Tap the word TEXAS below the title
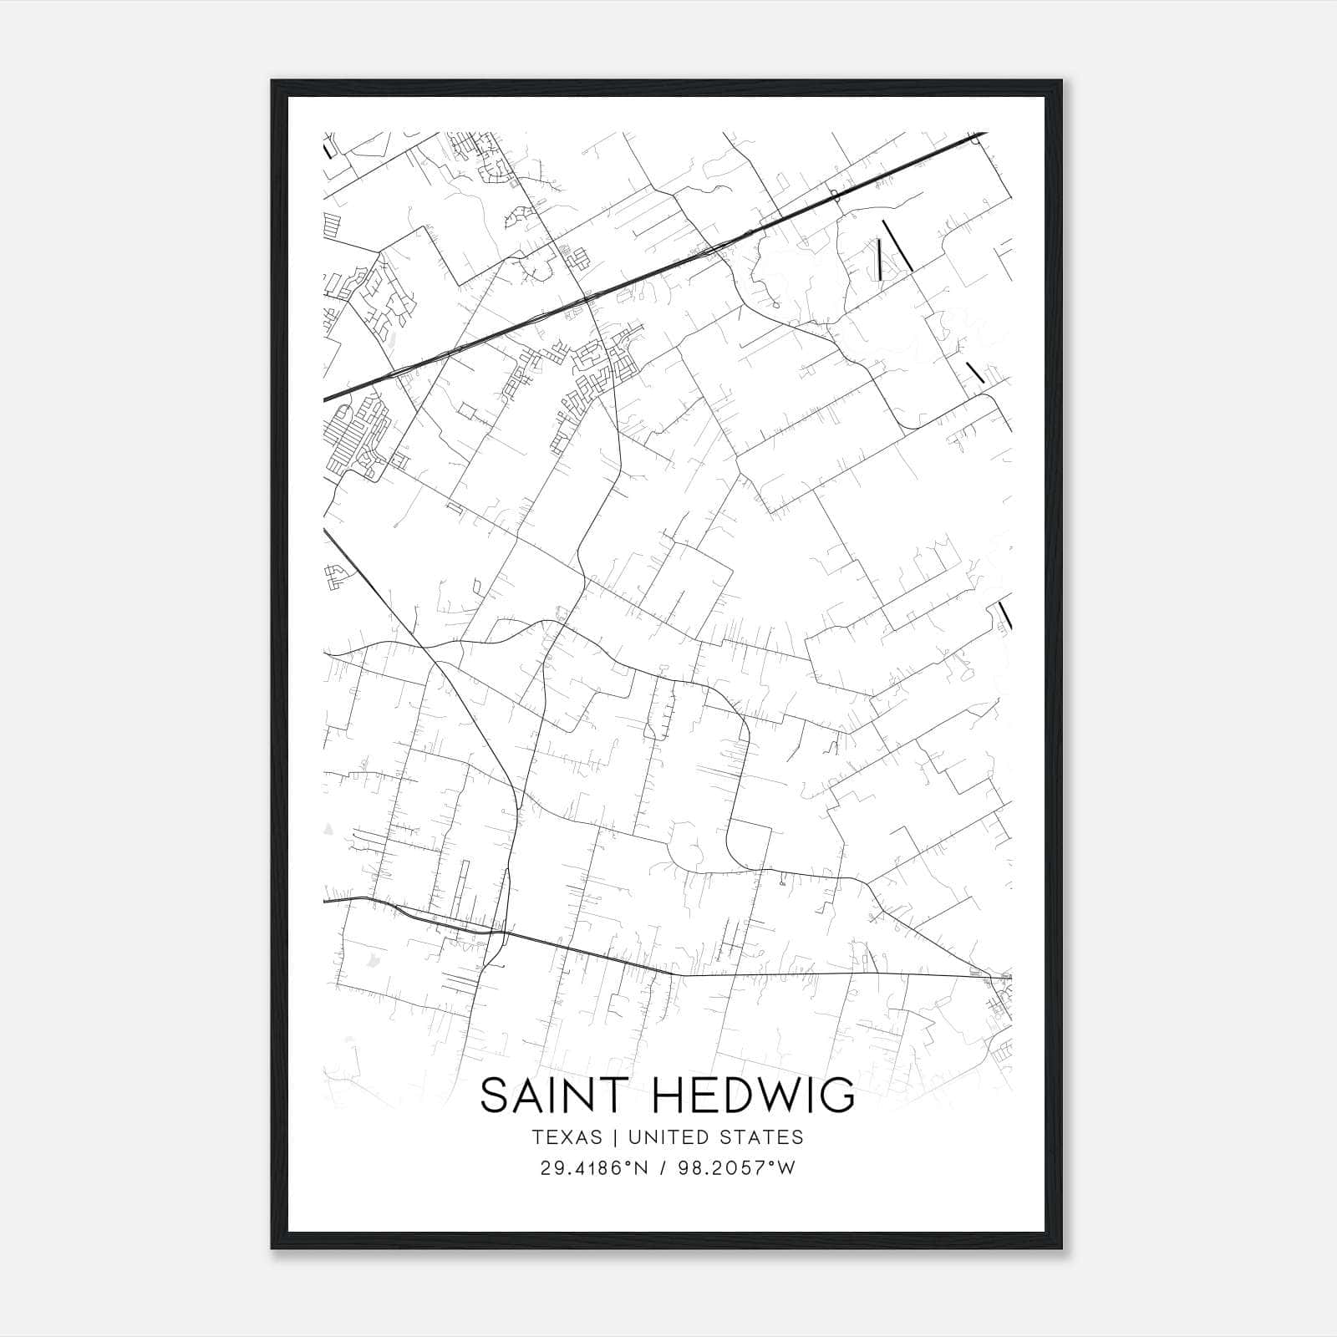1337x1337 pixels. click(566, 1137)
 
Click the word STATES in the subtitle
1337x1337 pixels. click(763, 1137)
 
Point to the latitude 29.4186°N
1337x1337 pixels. click(594, 1168)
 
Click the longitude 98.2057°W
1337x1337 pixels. click(739, 1168)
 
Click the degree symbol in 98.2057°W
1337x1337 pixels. click(775, 1163)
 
